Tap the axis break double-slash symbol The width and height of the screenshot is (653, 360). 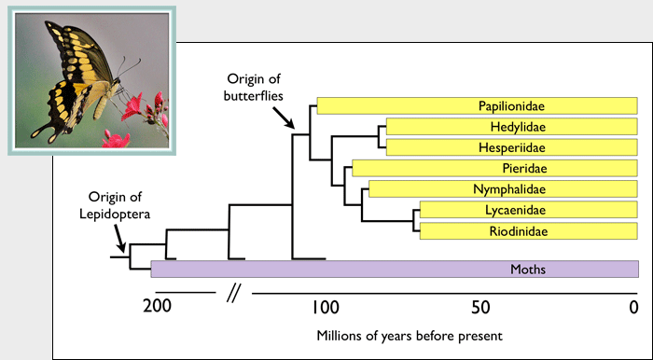[234, 296]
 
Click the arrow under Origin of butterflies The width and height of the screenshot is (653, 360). [283, 116]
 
